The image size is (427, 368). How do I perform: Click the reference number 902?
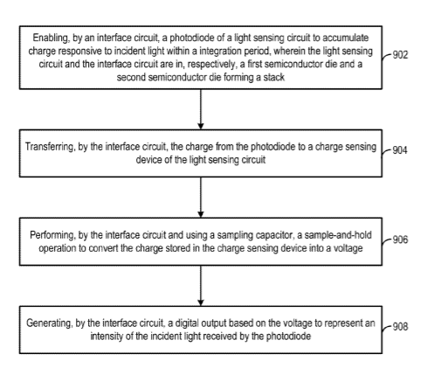(400, 55)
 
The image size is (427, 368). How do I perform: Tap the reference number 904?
(400, 150)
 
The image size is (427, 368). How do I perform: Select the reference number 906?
(400, 240)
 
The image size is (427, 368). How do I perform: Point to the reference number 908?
(400, 326)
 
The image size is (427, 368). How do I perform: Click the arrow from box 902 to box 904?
(201, 109)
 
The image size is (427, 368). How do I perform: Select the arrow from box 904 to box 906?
(201, 198)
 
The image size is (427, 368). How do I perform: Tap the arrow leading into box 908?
(201, 286)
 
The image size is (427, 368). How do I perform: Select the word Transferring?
(50, 147)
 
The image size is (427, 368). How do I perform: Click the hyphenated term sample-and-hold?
(338, 235)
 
